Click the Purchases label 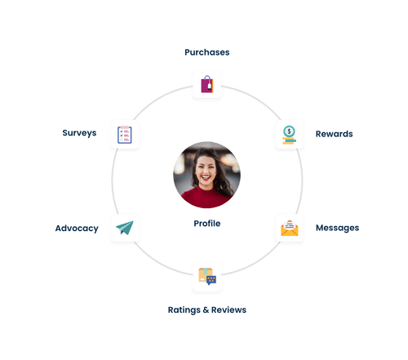pyautogui.click(x=206, y=52)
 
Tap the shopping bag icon pyautogui.click(x=206, y=84)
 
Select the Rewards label pyautogui.click(x=334, y=133)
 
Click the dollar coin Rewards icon pyautogui.click(x=288, y=133)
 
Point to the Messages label pyautogui.click(x=337, y=228)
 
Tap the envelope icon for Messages pyautogui.click(x=288, y=228)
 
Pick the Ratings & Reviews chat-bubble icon pyautogui.click(x=206, y=277)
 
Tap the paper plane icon pyautogui.click(x=125, y=228)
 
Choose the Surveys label pyautogui.click(x=78, y=132)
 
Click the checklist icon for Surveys pyautogui.click(x=125, y=132)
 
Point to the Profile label pyautogui.click(x=206, y=223)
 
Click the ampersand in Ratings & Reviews pyautogui.click(x=204, y=310)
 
